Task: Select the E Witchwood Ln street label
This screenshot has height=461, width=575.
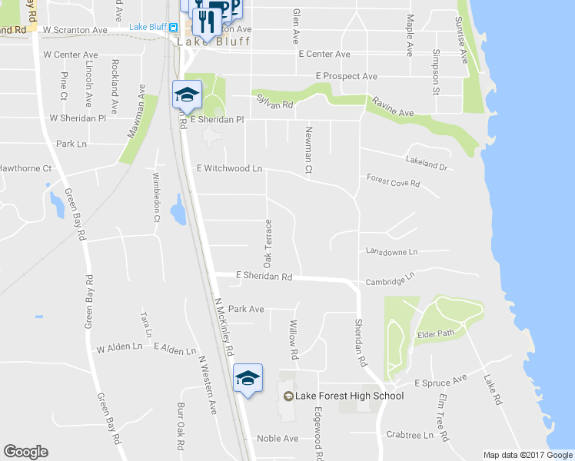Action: pos(229,167)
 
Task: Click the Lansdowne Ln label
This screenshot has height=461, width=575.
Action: pos(391,251)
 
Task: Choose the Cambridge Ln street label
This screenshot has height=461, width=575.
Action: pos(390,279)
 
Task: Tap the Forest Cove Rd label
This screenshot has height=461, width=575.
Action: pos(394,182)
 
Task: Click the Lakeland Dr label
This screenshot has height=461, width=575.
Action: pos(426,162)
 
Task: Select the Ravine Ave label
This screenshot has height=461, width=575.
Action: pos(393,108)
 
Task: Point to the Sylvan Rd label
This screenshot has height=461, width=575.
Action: pos(275,103)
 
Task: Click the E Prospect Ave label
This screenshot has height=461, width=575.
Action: pos(347,76)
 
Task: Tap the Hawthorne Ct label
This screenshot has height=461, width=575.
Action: pos(25,167)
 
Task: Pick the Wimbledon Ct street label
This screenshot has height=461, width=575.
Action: pos(156,197)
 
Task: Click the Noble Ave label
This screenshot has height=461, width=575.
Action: pos(277,438)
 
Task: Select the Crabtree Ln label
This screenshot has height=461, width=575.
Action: pos(410,434)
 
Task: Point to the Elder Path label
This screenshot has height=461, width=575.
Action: pos(435,333)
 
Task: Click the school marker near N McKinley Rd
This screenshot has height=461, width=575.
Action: pos(248,378)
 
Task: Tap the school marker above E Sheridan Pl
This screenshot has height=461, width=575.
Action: pos(186,95)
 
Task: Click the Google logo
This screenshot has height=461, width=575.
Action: pos(25,452)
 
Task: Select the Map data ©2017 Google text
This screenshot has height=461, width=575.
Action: pos(528,455)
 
